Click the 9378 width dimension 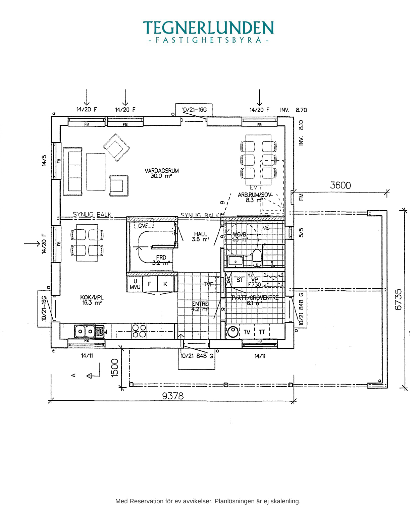coord(173,396)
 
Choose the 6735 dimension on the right coord(398,299)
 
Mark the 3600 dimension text coord(340,185)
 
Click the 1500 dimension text coord(115,367)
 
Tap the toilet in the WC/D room coord(257,257)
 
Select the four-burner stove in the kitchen coord(139,331)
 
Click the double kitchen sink coord(85,331)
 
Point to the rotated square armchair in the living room coord(116,147)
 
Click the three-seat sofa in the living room coord(73,171)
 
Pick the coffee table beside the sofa coord(96,171)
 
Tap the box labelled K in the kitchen coord(165,284)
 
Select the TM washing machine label coord(247,332)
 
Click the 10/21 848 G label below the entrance coord(197,356)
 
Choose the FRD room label coord(161,258)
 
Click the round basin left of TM coord(232,332)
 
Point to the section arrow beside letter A coord(94,375)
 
